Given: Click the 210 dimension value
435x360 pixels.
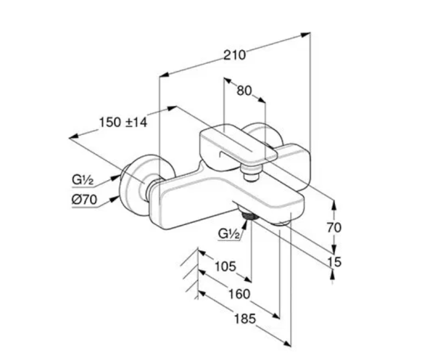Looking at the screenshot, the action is point(235,55).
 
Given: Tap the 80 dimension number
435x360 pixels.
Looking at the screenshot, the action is point(244,91).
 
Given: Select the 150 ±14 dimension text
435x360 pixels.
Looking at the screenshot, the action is point(123,122).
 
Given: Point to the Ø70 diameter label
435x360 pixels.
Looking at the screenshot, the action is point(85,200).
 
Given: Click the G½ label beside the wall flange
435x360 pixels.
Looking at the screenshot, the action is point(83,180).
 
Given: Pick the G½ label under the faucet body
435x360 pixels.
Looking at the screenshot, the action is point(229,234).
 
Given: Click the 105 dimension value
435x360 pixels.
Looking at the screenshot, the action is point(225,266).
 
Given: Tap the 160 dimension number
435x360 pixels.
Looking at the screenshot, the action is point(239,294).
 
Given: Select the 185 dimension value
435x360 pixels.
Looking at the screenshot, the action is point(245,319).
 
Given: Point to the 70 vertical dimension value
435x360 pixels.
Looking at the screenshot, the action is point(334,228).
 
